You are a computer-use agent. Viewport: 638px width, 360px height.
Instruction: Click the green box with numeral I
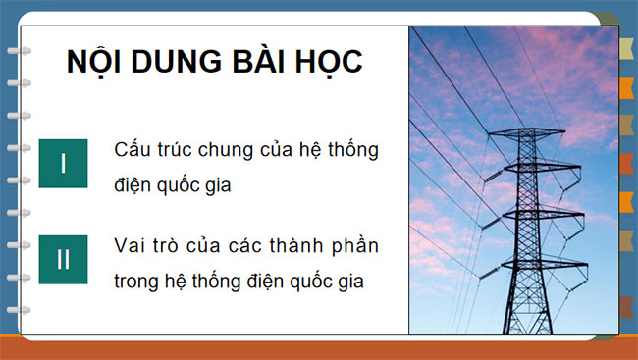pos(63,163)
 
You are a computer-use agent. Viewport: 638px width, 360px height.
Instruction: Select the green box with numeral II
pos(63,259)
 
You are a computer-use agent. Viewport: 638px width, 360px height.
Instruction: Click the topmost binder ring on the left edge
pos(15,52)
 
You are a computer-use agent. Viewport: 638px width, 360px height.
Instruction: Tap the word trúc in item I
pos(179,152)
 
